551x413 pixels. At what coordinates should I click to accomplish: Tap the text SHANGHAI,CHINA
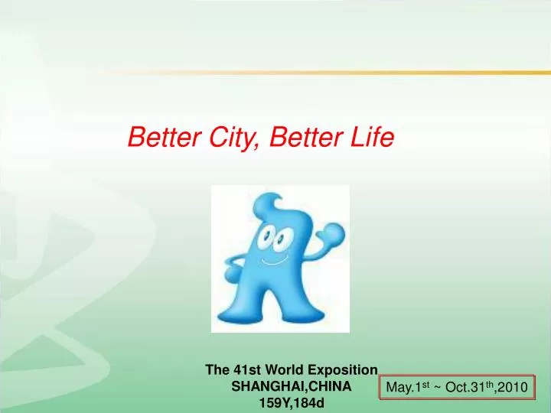[291, 387]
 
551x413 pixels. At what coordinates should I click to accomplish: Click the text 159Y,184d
[291, 405]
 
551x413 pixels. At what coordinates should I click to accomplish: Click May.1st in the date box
[406, 389]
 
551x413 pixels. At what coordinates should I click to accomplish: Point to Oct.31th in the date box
[468, 389]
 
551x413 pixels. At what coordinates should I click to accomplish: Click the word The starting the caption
[217, 369]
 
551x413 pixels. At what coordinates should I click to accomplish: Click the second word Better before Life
[309, 138]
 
